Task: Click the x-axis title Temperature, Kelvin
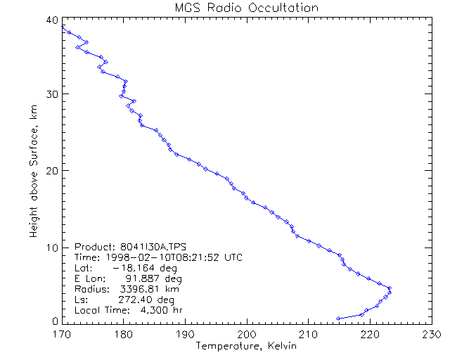[x=246, y=346]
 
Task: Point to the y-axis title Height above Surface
[x=33, y=169]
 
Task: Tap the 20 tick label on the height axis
[x=53, y=170]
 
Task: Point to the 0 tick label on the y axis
[x=56, y=321]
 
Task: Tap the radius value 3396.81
[x=136, y=289]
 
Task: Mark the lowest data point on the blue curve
[x=338, y=319]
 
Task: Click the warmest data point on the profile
[x=389, y=292]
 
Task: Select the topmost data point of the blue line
[x=63, y=26]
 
